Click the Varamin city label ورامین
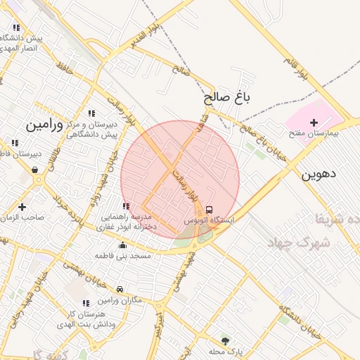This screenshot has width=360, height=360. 44,125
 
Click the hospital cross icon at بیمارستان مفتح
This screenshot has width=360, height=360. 314,122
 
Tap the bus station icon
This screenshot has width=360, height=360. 210,210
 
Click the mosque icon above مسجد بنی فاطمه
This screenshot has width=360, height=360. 124,245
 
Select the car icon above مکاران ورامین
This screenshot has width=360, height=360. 120,289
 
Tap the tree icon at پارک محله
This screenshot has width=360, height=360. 225,340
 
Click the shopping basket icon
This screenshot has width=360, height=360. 35,169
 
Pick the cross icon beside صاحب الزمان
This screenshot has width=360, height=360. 22,207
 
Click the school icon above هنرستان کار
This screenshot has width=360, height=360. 86,303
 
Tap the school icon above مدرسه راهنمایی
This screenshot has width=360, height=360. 126,206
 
